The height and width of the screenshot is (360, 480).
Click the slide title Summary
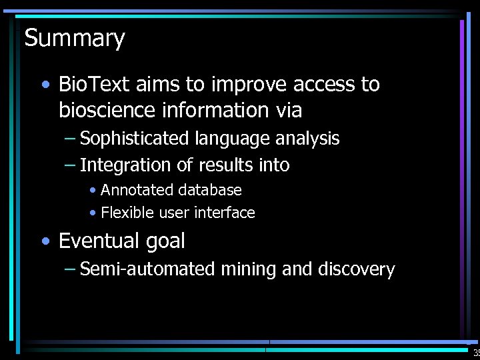(x=75, y=39)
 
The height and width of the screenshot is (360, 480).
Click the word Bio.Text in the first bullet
(x=95, y=85)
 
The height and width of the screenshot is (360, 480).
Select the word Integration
(x=123, y=165)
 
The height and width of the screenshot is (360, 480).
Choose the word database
(x=209, y=190)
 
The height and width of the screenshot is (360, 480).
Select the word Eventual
(x=97, y=241)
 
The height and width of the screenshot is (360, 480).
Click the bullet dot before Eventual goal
(x=44, y=241)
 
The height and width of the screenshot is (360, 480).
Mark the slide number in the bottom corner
(x=475, y=353)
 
